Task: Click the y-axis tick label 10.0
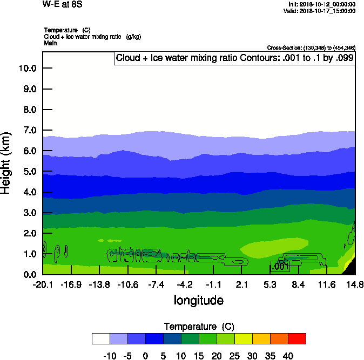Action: pyautogui.click(x=26, y=68)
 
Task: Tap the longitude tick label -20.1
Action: pyautogui.click(x=43, y=284)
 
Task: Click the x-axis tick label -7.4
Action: pyautogui.click(x=156, y=284)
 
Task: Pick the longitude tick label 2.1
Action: pyautogui.click(x=241, y=284)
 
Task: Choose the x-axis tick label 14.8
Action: pyautogui.click(x=354, y=284)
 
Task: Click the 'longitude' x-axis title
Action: pyautogui.click(x=198, y=300)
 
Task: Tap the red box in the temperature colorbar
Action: pyautogui.click(x=296, y=338)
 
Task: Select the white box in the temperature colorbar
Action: pyautogui.click(x=101, y=338)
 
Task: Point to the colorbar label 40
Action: pyautogui.click(x=288, y=356)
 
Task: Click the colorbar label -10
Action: pyautogui.click(x=110, y=356)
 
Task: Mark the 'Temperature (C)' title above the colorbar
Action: pyautogui.click(x=199, y=327)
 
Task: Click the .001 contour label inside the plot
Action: pyautogui.click(x=280, y=267)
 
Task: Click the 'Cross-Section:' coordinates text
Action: pyautogui.click(x=311, y=48)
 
